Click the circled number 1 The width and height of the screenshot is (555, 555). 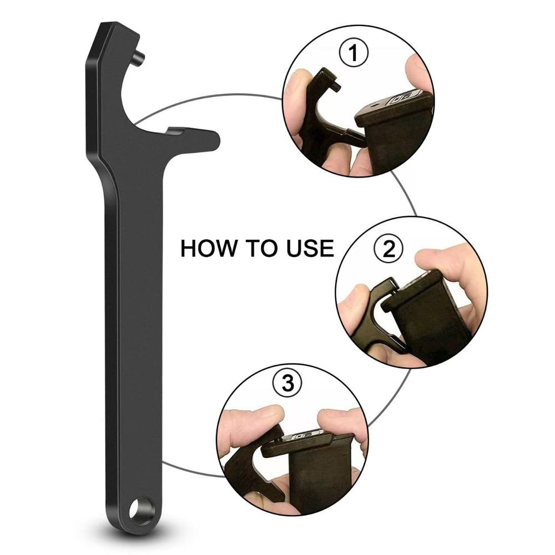click(x=354, y=54)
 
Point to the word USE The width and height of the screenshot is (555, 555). click(x=307, y=248)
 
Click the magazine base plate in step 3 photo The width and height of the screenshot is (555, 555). click(x=300, y=441)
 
